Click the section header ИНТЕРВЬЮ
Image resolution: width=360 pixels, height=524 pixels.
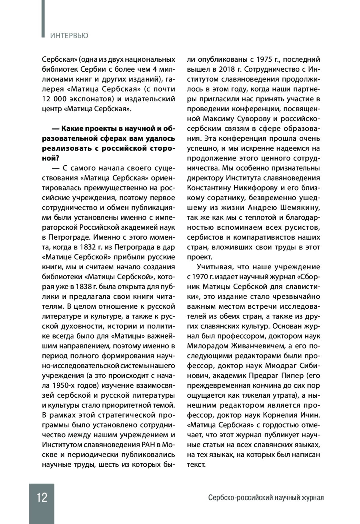[x=69, y=36]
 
